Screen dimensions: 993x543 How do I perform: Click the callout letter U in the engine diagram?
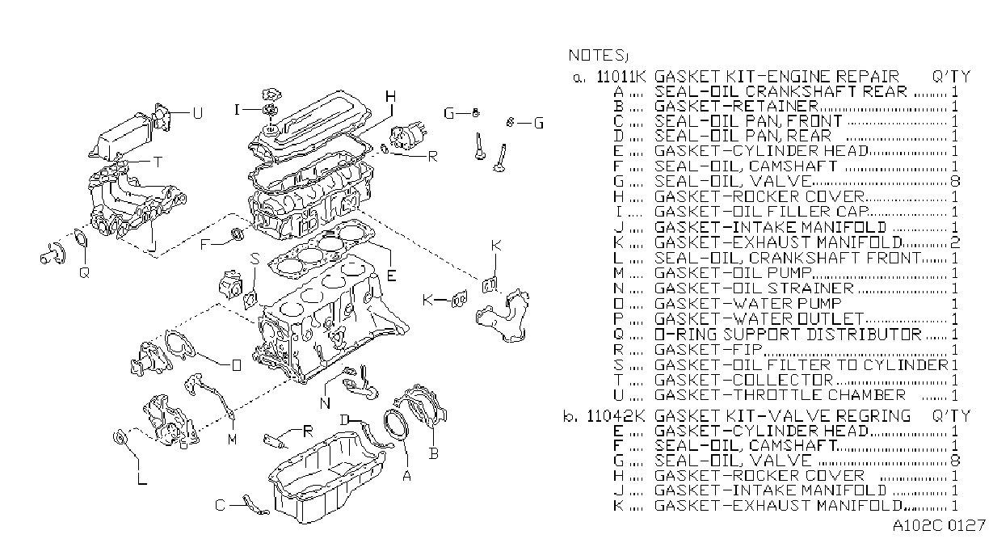(198, 113)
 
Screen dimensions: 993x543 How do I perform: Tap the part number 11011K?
(621, 77)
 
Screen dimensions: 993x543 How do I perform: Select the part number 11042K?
(616, 416)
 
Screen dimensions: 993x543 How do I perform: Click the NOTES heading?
(598, 56)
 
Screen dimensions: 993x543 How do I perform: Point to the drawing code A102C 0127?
(939, 525)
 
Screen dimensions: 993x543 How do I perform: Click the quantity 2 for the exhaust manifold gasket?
(955, 242)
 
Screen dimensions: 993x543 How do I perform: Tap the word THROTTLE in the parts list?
(776, 394)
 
